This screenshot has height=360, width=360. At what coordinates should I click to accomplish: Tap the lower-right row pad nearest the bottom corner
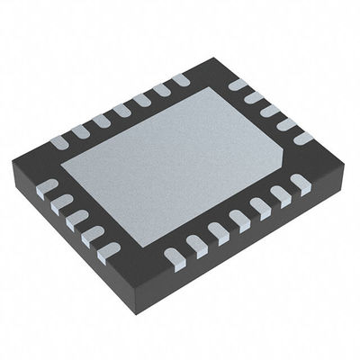pos(174,259)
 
